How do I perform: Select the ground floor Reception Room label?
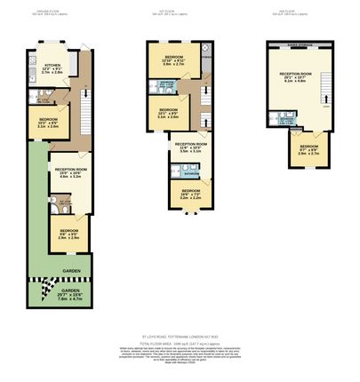tap(70, 172)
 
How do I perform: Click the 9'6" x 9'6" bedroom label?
tap(69, 235)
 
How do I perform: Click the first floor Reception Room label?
tap(190, 147)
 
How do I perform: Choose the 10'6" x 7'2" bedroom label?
tap(191, 194)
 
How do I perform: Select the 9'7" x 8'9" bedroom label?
tap(308, 149)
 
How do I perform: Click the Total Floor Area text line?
tap(180, 343)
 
